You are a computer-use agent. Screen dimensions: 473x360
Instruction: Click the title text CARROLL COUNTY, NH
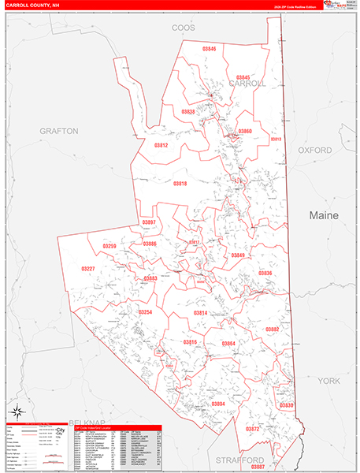[x=32, y=6]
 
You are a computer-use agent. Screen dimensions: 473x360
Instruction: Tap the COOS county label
[x=184, y=28]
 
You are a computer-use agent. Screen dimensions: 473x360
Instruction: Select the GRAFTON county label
[x=60, y=131]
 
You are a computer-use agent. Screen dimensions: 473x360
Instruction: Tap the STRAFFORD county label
[x=221, y=459]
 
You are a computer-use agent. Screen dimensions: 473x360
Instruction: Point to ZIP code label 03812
[x=161, y=145]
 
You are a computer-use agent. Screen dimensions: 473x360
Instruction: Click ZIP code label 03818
[x=180, y=183]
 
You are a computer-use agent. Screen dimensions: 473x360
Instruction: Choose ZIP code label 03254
[x=145, y=312]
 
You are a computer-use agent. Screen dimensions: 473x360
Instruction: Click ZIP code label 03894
[x=218, y=404]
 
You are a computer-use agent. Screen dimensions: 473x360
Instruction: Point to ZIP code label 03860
[x=245, y=131]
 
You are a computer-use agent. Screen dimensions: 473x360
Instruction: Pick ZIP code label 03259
[x=109, y=247]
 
